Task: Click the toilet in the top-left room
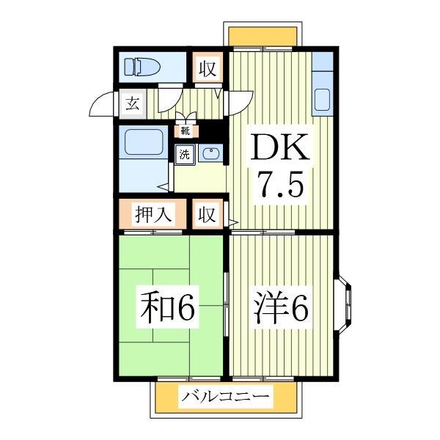pyautogui.click(x=142, y=67)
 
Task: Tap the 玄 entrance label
pyautogui.click(x=133, y=103)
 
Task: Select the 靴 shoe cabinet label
pyautogui.click(x=186, y=132)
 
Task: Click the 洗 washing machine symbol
pyautogui.click(x=185, y=155)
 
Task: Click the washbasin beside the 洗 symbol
pyautogui.click(x=210, y=154)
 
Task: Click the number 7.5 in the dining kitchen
pyautogui.click(x=278, y=186)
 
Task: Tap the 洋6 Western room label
pyautogui.click(x=282, y=309)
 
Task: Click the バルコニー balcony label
pyautogui.click(x=226, y=399)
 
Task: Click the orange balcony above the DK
pyautogui.click(x=263, y=35)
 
